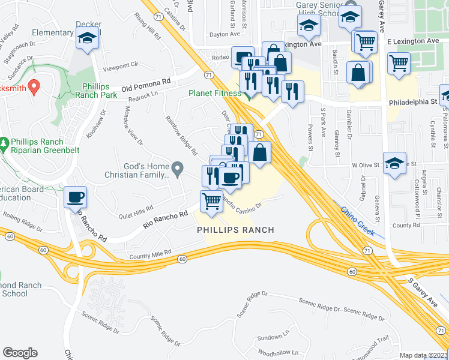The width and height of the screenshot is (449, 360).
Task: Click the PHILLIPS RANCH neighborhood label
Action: click(235, 230)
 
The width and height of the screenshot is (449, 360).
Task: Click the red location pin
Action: click(34, 87)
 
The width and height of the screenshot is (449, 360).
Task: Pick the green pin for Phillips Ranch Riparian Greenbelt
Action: click(5, 145)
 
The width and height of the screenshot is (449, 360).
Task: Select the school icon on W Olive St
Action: click(394, 164)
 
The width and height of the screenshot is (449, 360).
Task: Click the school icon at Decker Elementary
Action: click(88, 39)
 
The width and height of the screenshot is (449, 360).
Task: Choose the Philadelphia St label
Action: click(412, 103)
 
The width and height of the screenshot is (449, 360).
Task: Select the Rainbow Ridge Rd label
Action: click(182, 136)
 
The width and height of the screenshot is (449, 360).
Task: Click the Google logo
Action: click(20, 352)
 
